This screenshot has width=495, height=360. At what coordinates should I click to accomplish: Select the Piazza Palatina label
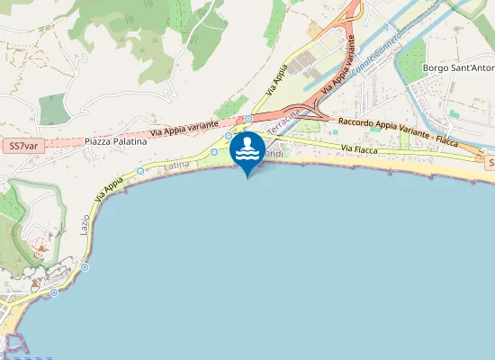(115, 142)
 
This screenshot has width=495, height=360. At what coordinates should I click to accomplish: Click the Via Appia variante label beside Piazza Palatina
(184, 126)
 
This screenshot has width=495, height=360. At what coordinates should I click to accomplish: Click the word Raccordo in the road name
(355, 122)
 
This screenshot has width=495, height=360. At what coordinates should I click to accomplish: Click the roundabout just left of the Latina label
(140, 170)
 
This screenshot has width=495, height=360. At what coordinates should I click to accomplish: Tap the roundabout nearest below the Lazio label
(85, 266)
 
